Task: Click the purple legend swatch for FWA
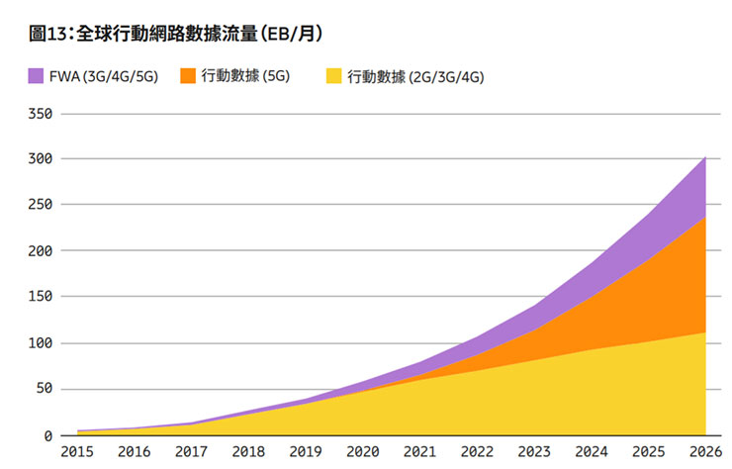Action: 37,75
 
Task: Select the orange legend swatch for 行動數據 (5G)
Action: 187,75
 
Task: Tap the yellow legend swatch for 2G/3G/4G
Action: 333,76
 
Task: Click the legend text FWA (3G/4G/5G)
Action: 105,76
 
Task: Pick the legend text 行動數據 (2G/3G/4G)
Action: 415,76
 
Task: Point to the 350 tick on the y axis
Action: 43,114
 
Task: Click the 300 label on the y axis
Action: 43,159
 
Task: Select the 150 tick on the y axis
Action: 43,297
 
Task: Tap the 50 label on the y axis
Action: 46,389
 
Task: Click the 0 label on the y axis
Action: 49,435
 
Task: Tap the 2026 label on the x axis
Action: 704,452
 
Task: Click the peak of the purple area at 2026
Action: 705,156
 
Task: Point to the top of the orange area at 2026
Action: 705,217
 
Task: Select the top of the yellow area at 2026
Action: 705,332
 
